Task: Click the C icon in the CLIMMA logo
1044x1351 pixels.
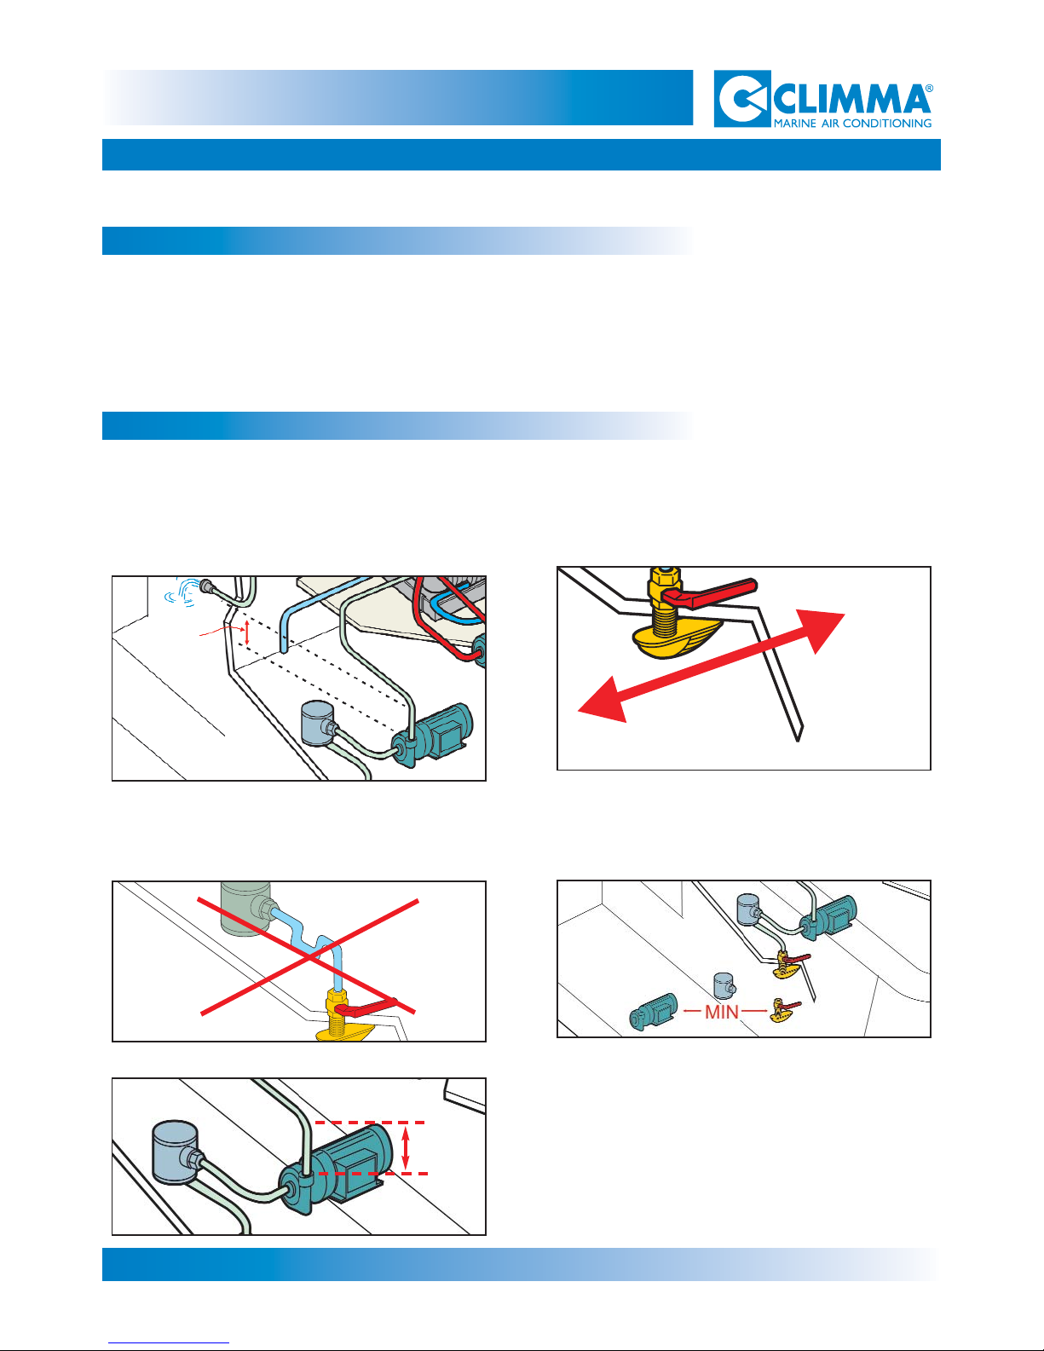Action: click(742, 99)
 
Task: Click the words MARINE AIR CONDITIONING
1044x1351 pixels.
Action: click(852, 123)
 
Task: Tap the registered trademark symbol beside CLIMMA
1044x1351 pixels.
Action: click(929, 89)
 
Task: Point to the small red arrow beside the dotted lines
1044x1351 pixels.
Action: click(246, 633)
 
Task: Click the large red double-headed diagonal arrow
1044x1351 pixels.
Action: click(711, 667)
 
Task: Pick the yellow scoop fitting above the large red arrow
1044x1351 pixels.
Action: click(678, 638)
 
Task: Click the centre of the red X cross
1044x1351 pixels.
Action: click(309, 957)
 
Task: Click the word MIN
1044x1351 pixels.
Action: click(722, 1012)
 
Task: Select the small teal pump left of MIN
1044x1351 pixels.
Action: click(653, 1012)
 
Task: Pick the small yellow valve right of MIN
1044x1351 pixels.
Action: click(783, 1010)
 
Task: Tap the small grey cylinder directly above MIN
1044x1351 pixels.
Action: click(724, 985)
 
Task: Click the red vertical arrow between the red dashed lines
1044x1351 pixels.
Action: click(406, 1148)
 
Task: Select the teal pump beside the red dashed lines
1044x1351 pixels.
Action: click(336, 1169)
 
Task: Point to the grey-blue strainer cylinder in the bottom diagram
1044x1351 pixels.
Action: click(176, 1152)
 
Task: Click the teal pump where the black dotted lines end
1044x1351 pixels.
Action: click(433, 734)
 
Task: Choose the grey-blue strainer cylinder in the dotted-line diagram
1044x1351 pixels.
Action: click(318, 723)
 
